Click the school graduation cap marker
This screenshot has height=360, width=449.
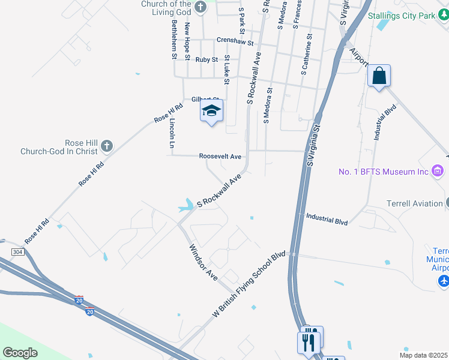[x=211, y=111]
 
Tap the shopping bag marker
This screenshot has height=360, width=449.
[x=379, y=76]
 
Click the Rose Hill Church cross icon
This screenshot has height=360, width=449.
[x=106, y=145]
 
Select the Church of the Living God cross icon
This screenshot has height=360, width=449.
[x=200, y=7]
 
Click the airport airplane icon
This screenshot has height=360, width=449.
[x=444, y=281]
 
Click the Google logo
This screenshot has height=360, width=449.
[x=20, y=353]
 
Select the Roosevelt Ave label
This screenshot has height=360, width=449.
[x=220, y=157]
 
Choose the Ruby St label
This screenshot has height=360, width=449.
[x=206, y=60]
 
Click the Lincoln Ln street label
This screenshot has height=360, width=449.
[x=172, y=133]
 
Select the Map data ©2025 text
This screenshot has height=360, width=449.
[x=424, y=355]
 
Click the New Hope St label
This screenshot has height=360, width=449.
[x=187, y=37]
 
